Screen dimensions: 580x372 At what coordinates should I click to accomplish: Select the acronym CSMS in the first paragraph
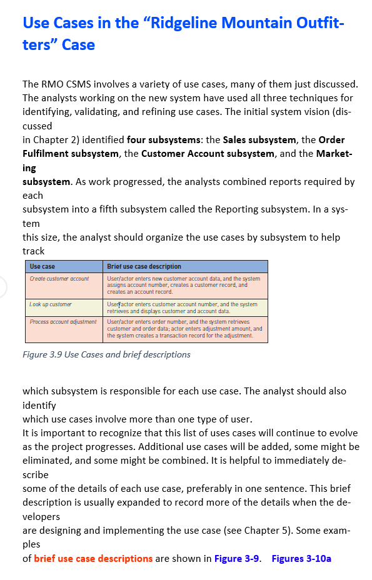click(x=78, y=84)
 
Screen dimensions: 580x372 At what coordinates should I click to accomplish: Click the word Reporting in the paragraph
click(x=204, y=209)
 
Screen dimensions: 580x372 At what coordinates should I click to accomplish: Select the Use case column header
click(x=43, y=267)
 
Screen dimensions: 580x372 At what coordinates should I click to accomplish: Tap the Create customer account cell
click(x=59, y=278)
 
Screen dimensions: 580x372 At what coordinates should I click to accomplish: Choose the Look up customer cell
click(x=51, y=304)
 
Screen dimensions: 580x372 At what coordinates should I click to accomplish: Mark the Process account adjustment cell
click(x=63, y=321)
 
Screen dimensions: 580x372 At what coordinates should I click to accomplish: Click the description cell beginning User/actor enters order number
click(x=184, y=328)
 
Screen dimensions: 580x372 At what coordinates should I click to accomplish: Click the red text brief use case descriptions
click(x=93, y=558)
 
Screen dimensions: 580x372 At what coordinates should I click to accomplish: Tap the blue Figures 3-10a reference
click(x=301, y=558)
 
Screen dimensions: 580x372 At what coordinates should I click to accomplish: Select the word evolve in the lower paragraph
click(x=342, y=432)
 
